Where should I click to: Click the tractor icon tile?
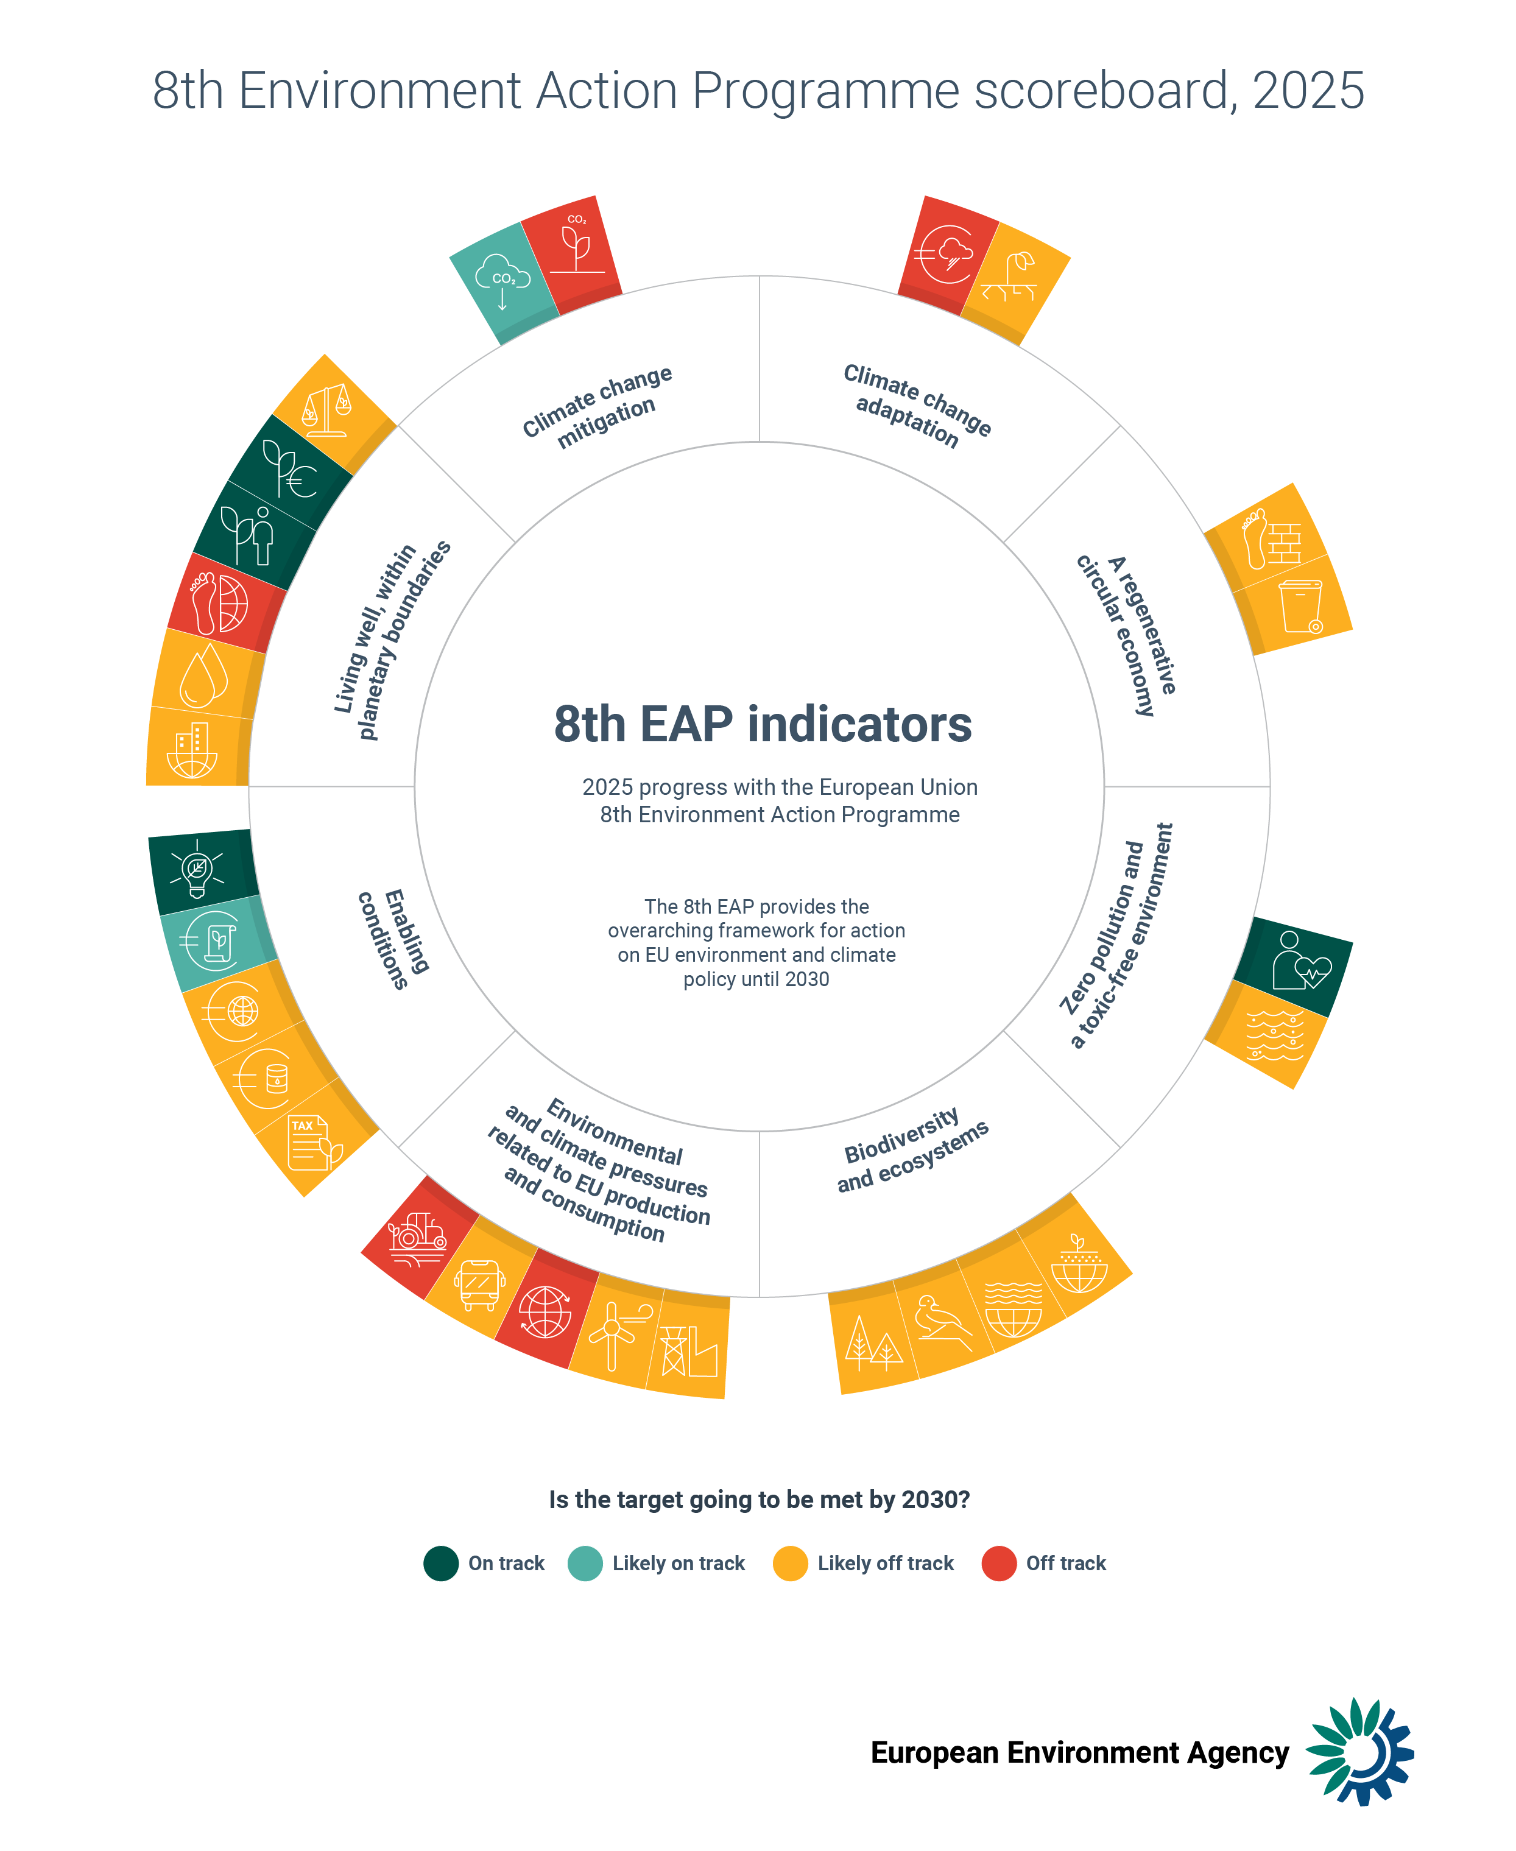click(417, 1238)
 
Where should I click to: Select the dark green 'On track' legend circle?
click(441, 1563)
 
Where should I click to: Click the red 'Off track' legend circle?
click(998, 1563)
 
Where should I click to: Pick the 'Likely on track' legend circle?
click(585, 1563)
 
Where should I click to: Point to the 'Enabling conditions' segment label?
click(394, 939)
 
